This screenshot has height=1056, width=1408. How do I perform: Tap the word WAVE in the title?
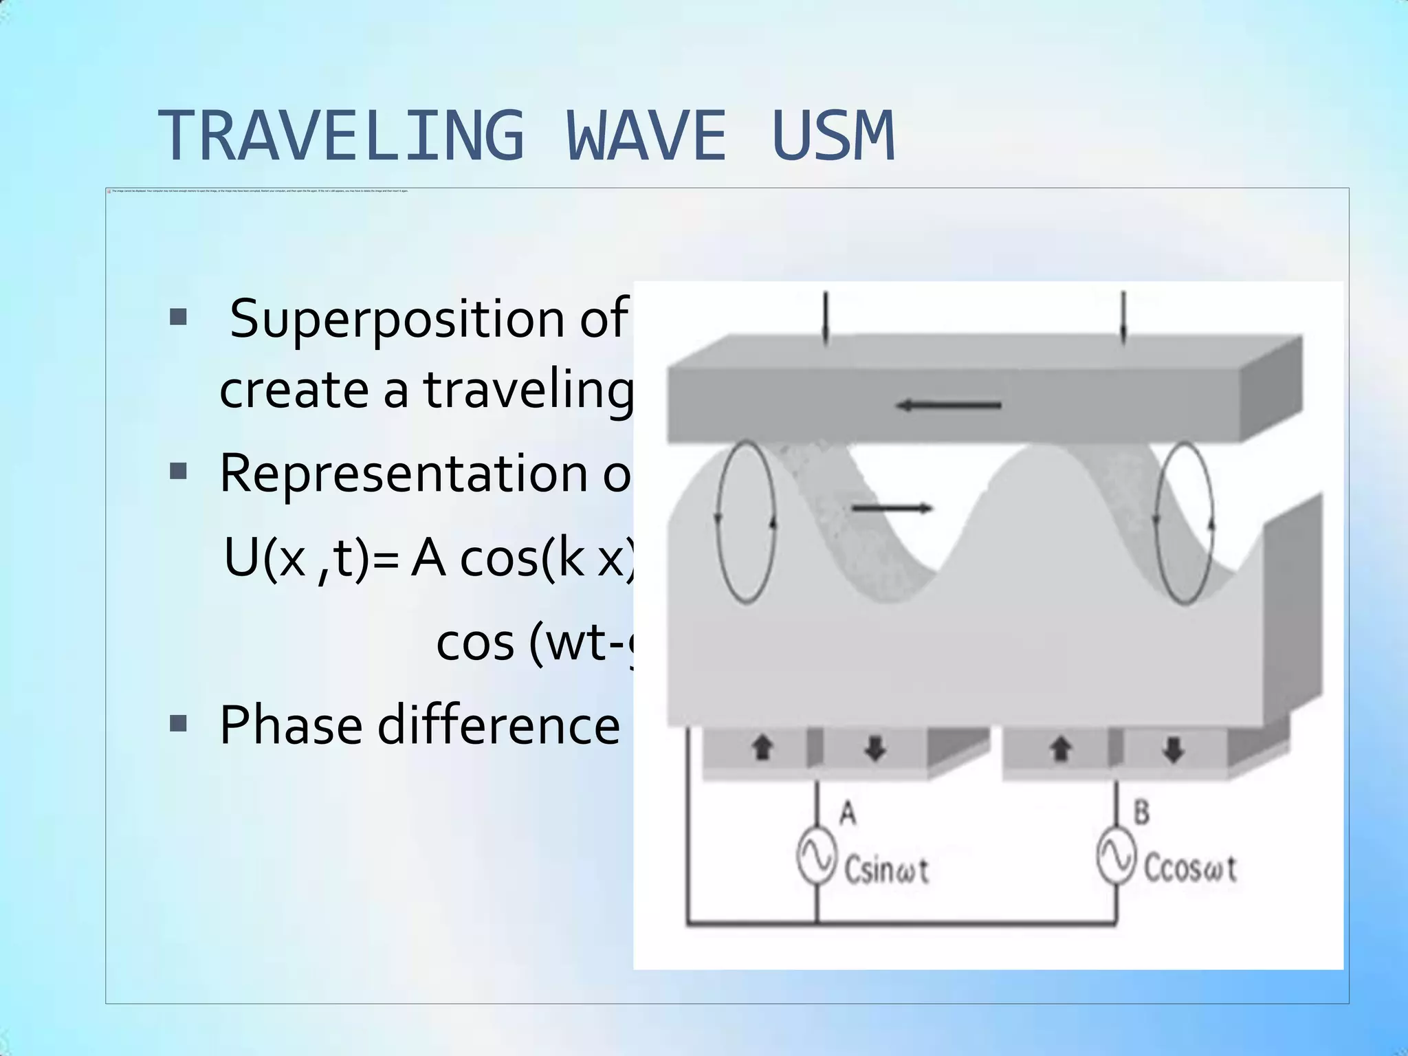[x=646, y=136]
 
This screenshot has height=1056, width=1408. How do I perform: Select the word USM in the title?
[x=833, y=136]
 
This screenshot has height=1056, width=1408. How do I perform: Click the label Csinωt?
[x=885, y=870]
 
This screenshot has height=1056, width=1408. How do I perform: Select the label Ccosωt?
[x=1189, y=869]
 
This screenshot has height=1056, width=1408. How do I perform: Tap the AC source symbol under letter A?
[x=817, y=857]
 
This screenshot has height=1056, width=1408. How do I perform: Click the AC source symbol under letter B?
[x=1116, y=855]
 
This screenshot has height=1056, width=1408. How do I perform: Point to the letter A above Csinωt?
[x=848, y=813]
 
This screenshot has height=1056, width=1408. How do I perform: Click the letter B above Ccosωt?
[x=1141, y=813]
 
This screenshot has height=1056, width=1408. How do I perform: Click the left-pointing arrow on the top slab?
[x=949, y=406]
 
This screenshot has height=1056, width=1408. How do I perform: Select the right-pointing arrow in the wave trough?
[x=892, y=509]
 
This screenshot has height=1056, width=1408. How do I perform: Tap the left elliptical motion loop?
[x=746, y=522]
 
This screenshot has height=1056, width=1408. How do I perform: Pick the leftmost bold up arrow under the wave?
[x=761, y=748]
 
